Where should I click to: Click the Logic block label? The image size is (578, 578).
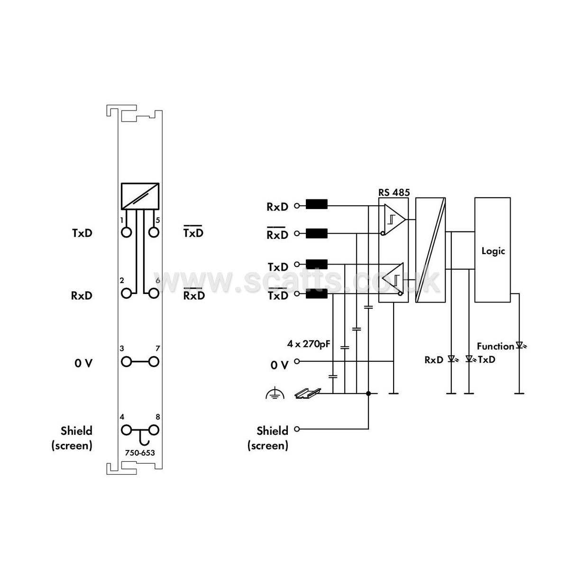[x=493, y=251]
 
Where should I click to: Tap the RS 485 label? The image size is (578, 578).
[x=394, y=192]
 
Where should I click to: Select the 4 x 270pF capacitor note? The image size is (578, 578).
[x=308, y=344]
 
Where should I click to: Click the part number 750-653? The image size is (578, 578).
[x=140, y=453]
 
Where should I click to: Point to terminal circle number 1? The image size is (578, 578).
[x=126, y=232]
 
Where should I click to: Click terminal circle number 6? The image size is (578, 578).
[x=154, y=294]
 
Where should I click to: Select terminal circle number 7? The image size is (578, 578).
[x=154, y=362]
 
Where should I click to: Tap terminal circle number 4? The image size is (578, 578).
[x=126, y=430]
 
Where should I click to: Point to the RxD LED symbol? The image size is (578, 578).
[x=452, y=358]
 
